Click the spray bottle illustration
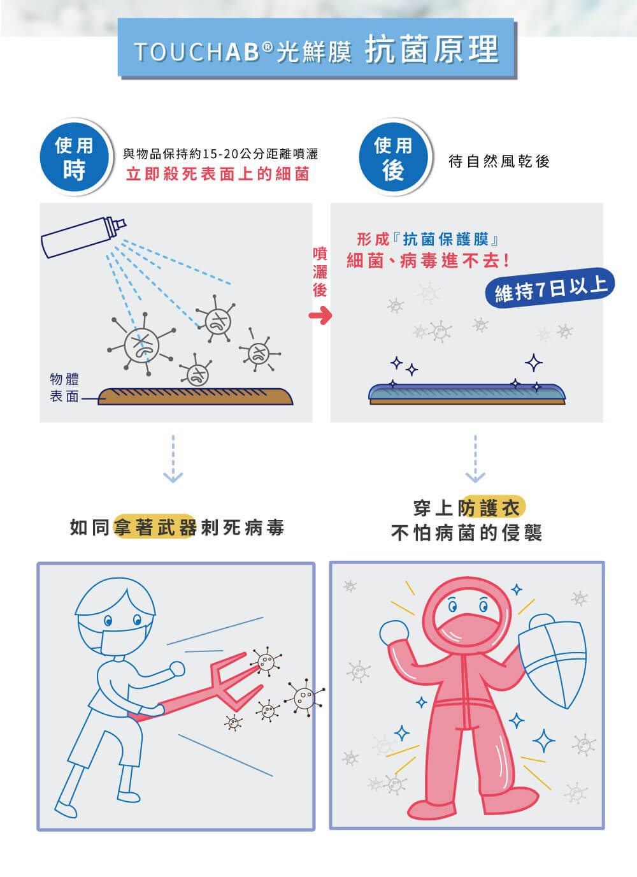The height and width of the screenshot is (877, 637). pyautogui.click(x=83, y=237)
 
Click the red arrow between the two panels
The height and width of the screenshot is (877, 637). pyautogui.click(x=320, y=315)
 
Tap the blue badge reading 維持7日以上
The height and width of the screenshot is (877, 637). pyautogui.click(x=550, y=288)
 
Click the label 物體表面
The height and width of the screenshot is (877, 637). pyautogui.click(x=64, y=388)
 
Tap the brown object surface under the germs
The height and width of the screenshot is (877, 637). pyautogui.click(x=195, y=396)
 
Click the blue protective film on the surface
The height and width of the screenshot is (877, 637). pyautogui.click(x=467, y=391)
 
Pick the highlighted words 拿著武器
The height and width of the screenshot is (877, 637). pyautogui.click(x=155, y=528)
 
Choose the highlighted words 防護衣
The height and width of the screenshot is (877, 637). pyautogui.click(x=490, y=508)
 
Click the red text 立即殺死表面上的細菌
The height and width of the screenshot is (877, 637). pyautogui.click(x=218, y=174)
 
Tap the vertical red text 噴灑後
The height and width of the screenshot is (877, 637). pyautogui.click(x=320, y=272)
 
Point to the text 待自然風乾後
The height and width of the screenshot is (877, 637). pyautogui.click(x=499, y=161)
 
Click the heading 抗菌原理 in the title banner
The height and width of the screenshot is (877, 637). pyautogui.click(x=432, y=49)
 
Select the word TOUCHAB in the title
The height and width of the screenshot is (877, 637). pyautogui.click(x=197, y=52)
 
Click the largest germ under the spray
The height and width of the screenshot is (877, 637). pyautogui.click(x=141, y=345)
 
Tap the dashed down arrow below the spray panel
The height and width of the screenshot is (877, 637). pyautogui.click(x=173, y=458)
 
